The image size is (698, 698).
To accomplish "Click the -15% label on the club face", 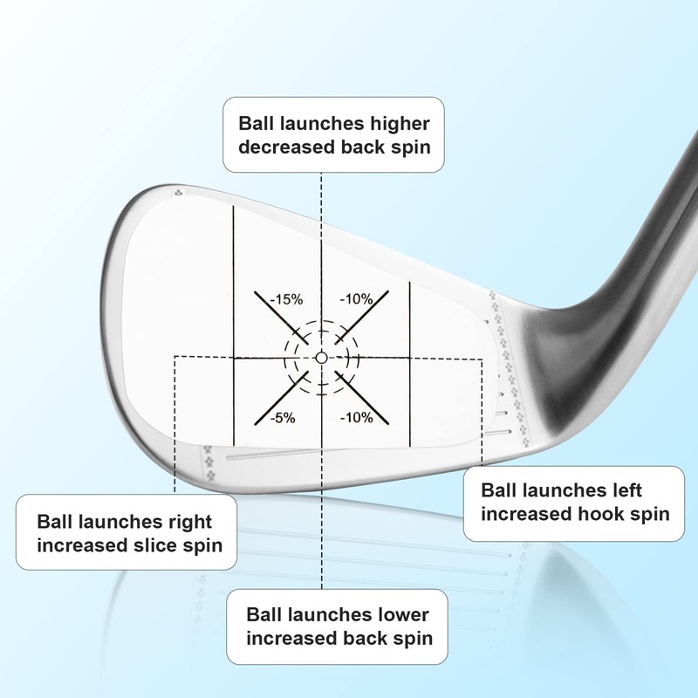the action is pyautogui.click(x=286, y=299).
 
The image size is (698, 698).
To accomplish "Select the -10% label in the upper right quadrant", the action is pyautogui.click(x=357, y=299).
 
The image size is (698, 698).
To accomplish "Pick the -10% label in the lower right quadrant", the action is pyautogui.click(x=357, y=417).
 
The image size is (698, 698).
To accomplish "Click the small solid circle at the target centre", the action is pyautogui.click(x=321, y=358).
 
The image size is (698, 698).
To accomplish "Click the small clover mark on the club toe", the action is pyautogui.click(x=180, y=195).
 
